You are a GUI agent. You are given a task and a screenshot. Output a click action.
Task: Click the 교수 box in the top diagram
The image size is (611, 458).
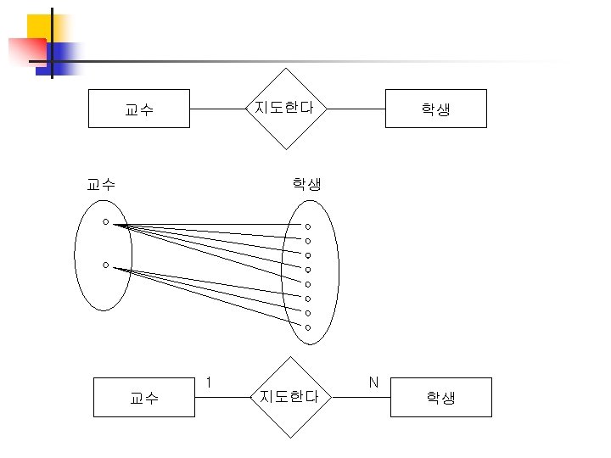(138, 109)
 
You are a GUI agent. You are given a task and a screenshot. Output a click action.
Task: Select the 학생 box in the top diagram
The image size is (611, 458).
(435, 109)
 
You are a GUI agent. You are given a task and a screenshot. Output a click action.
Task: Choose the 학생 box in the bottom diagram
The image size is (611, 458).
(440, 397)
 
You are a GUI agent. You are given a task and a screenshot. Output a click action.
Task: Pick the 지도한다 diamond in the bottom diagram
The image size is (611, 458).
(289, 396)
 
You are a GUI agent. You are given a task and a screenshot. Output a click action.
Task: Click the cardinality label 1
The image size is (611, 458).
(209, 383)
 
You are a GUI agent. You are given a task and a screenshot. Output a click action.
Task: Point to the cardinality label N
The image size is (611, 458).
(373, 383)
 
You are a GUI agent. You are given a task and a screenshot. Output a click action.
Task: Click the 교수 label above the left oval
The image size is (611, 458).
(102, 183)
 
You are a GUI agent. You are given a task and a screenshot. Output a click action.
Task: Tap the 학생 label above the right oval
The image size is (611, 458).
(306, 183)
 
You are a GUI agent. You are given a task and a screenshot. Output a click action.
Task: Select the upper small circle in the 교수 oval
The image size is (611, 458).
(105, 222)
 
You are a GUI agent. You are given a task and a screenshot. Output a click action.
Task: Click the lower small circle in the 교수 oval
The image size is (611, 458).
(105, 265)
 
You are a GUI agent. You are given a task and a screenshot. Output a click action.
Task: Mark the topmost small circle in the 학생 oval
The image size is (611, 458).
(308, 226)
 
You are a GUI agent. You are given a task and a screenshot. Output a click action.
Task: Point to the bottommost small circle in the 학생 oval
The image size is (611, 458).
(308, 327)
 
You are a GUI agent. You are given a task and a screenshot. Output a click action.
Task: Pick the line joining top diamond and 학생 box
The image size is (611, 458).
(356, 109)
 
